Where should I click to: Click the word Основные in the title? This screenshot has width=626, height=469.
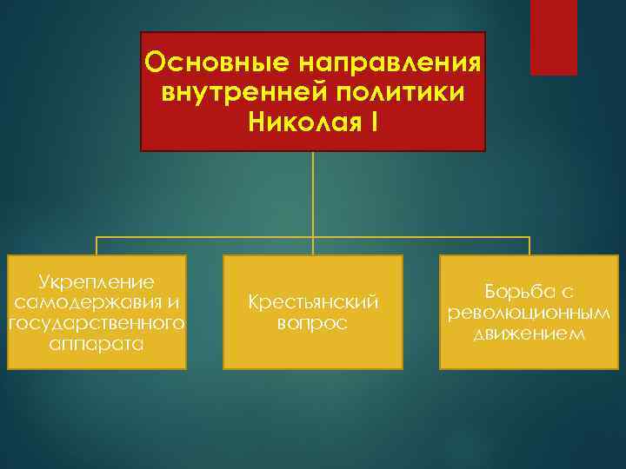point(205,63)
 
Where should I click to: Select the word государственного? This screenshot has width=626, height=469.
point(97,323)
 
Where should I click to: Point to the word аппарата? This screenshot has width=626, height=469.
point(97,344)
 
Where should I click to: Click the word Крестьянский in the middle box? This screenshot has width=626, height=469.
point(312,302)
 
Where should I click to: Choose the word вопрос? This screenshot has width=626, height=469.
point(312,323)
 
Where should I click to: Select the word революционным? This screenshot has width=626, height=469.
point(529,313)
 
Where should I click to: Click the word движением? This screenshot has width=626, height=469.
point(529,334)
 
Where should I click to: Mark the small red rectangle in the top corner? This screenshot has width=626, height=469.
point(554,37)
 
